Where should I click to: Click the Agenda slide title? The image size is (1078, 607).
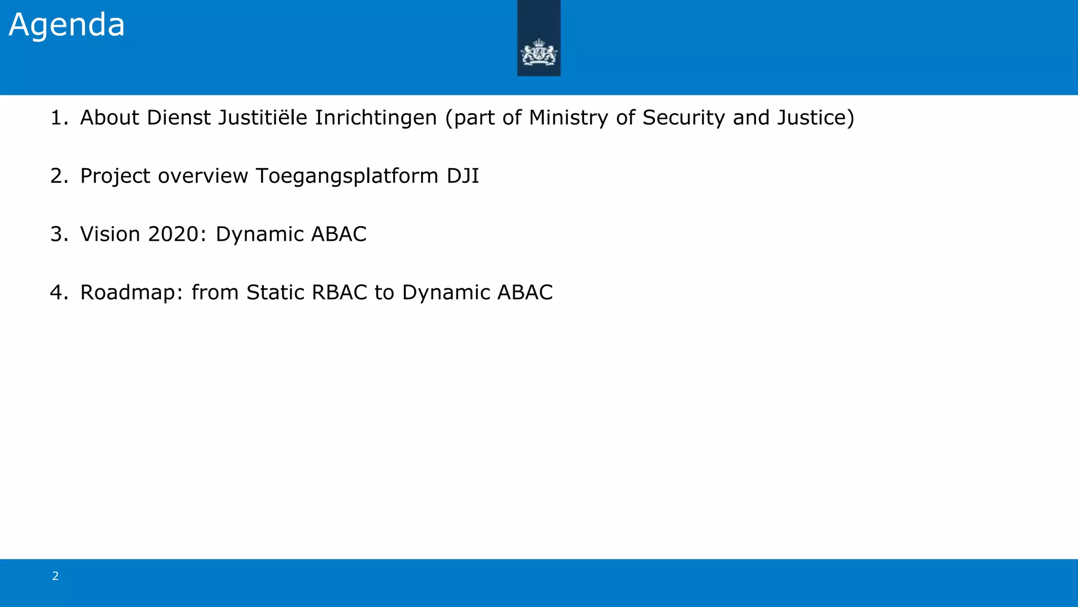click(x=67, y=25)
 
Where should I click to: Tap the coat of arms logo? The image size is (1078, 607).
click(x=538, y=54)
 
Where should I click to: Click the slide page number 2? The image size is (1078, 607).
click(x=55, y=576)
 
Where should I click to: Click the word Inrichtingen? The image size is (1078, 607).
click(x=376, y=118)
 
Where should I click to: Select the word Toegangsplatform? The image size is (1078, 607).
click(x=347, y=176)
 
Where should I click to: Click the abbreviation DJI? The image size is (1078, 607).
click(x=463, y=176)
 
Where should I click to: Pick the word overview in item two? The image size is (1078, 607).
click(x=203, y=176)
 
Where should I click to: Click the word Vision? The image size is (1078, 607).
click(x=110, y=234)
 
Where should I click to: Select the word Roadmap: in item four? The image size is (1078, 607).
click(x=132, y=292)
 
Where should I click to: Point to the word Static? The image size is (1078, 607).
click(x=275, y=292)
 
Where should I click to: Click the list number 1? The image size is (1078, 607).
click(x=58, y=118)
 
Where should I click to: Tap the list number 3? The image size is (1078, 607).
click(x=58, y=234)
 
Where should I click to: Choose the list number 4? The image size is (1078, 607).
click(x=58, y=292)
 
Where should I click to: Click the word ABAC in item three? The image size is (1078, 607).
click(x=338, y=234)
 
